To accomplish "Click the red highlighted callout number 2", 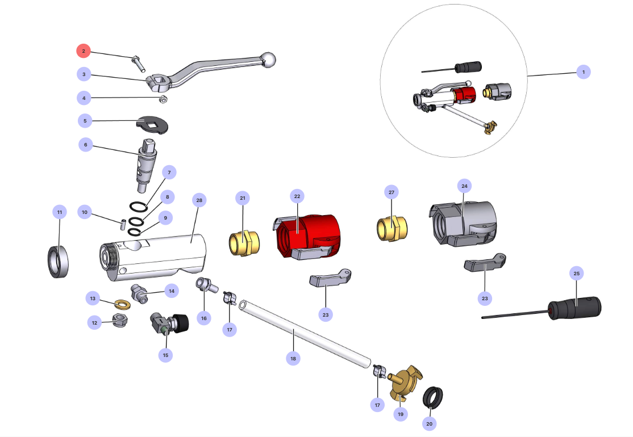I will (84, 51).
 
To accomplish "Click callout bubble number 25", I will (577, 274).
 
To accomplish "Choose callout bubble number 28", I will (199, 200).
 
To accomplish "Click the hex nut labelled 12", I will (119, 322).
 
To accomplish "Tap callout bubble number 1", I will (582, 72).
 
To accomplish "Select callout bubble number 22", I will (297, 196).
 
